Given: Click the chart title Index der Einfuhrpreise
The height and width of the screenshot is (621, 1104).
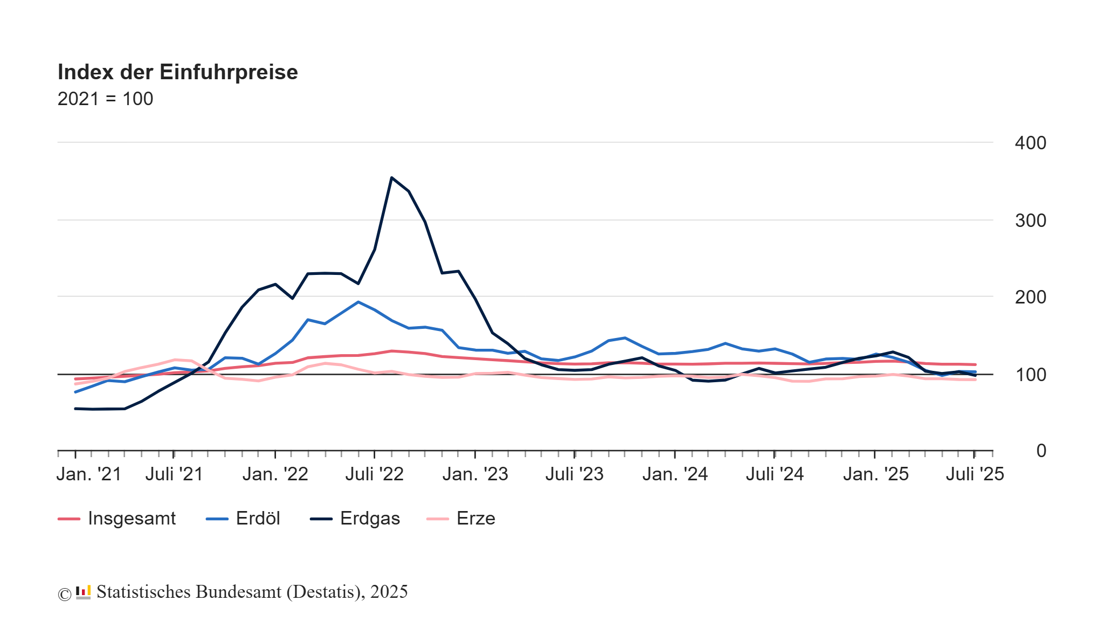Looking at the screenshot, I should coord(177,72).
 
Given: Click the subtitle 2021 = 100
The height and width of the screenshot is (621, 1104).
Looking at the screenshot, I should coord(105,99).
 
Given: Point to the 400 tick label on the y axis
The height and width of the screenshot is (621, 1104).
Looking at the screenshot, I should coord(1030,143).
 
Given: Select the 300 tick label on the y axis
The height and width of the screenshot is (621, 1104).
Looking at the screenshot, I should coord(1030,220).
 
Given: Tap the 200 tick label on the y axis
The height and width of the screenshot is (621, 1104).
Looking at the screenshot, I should coord(1030,297).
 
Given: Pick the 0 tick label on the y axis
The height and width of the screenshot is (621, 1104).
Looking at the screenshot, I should coord(1041,451).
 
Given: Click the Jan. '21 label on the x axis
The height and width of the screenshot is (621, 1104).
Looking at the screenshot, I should coord(89,474).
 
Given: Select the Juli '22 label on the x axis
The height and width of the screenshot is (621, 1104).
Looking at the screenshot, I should coord(375,474).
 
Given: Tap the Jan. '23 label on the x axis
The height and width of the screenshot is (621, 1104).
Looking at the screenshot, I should coord(475,474).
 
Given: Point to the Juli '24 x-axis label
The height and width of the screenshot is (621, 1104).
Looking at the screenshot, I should coord(775,474).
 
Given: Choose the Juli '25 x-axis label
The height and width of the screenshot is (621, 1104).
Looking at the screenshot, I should coord(975,474).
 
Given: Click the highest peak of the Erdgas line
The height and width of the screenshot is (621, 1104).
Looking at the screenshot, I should coord(391,178).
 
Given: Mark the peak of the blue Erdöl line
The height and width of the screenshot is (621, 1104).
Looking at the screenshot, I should coord(358,302).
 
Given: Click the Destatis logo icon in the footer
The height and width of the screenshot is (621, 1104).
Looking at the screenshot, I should coord(83,592).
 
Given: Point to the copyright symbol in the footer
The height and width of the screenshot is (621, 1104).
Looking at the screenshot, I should coord(64,594).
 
